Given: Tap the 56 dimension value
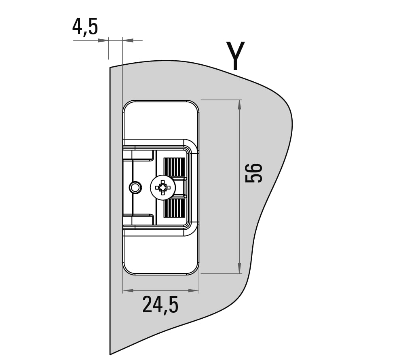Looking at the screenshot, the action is click(254, 173).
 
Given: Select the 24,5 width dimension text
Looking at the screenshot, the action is click(160, 305).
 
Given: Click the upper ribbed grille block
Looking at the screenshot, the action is click(174, 167).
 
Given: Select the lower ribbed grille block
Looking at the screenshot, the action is click(174, 208).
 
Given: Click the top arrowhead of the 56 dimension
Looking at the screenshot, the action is click(239, 105).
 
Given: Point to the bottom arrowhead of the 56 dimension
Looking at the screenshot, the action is click(239, 269).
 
